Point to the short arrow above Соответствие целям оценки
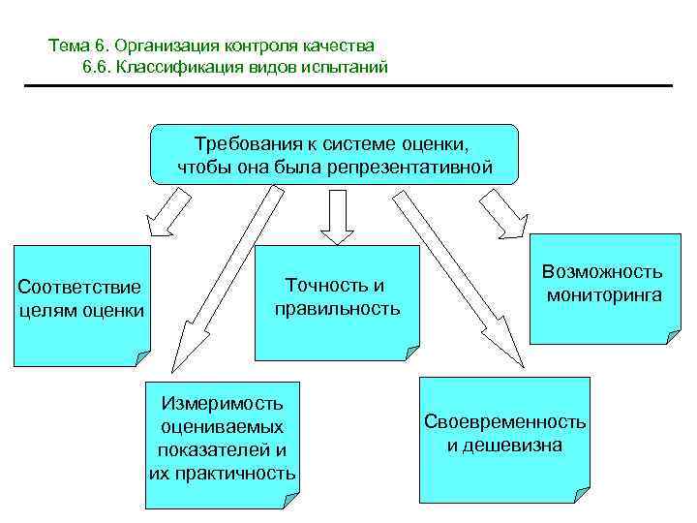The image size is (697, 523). coord(167,210)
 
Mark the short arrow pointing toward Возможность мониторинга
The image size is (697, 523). coord(503,212)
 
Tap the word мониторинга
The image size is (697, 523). coord(603,294)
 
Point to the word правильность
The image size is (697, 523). coord(336,309)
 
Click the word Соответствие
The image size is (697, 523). coord(79,287)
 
